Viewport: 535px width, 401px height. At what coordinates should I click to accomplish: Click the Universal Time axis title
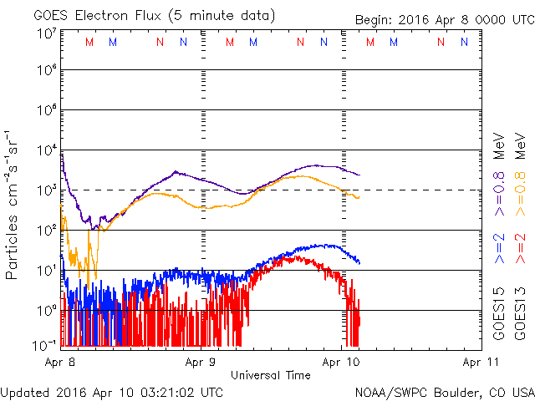click(270, 375)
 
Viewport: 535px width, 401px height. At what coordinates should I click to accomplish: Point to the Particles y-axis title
click(13, 205)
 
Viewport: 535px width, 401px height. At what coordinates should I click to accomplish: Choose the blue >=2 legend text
click(499, 249)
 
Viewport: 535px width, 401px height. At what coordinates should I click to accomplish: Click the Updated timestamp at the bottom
click(112, 392)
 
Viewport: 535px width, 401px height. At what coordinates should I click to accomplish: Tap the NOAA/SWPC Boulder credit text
click(444, 392)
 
